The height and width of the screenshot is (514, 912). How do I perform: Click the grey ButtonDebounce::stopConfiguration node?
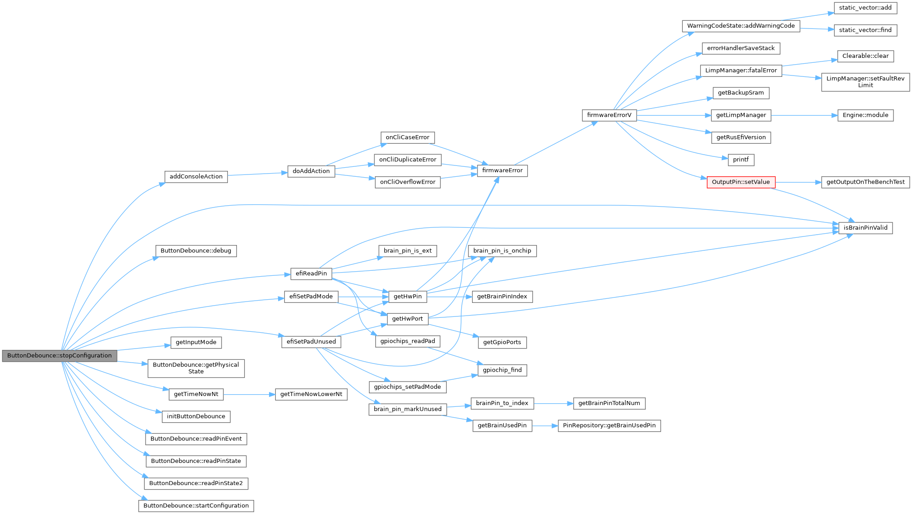click(x=59, y=356)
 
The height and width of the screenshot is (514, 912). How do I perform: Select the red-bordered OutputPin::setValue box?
click(x=741, y=182)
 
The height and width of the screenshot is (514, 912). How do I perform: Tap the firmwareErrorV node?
click(x=609, y=115)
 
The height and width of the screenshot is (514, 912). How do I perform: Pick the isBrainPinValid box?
click(x=865, y=228)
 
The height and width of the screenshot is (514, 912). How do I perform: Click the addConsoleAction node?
click(x=196, y=177)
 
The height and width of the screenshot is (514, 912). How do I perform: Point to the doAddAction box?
click(x=311, y=171)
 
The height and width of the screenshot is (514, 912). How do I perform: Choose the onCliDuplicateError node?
click(x=407, y=160)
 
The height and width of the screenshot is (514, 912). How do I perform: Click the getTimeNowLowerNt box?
click(x=311, y=394)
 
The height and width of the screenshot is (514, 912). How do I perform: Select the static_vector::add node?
click(x=865, y=8)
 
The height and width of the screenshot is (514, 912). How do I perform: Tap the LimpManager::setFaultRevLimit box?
click(x=865, y=82)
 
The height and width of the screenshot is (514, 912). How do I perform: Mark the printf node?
click(x=741, y=160)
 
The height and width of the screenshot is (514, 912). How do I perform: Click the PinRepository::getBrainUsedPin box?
click(x=609, y=425)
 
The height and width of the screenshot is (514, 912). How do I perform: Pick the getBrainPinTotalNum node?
click(x=609, y=403)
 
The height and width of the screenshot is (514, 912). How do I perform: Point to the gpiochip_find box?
click(x=502, y=370)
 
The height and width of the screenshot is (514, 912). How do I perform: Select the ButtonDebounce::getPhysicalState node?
click(x=196, y=368)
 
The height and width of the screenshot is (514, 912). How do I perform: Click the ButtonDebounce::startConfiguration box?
click(x=196, y=506)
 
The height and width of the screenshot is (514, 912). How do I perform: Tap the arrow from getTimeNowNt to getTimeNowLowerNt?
click(x=249, y=394)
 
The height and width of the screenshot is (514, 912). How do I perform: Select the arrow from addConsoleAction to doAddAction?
click(x=257, y=174)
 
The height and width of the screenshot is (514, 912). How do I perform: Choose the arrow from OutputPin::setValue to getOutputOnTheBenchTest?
click(x=798, y=182)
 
